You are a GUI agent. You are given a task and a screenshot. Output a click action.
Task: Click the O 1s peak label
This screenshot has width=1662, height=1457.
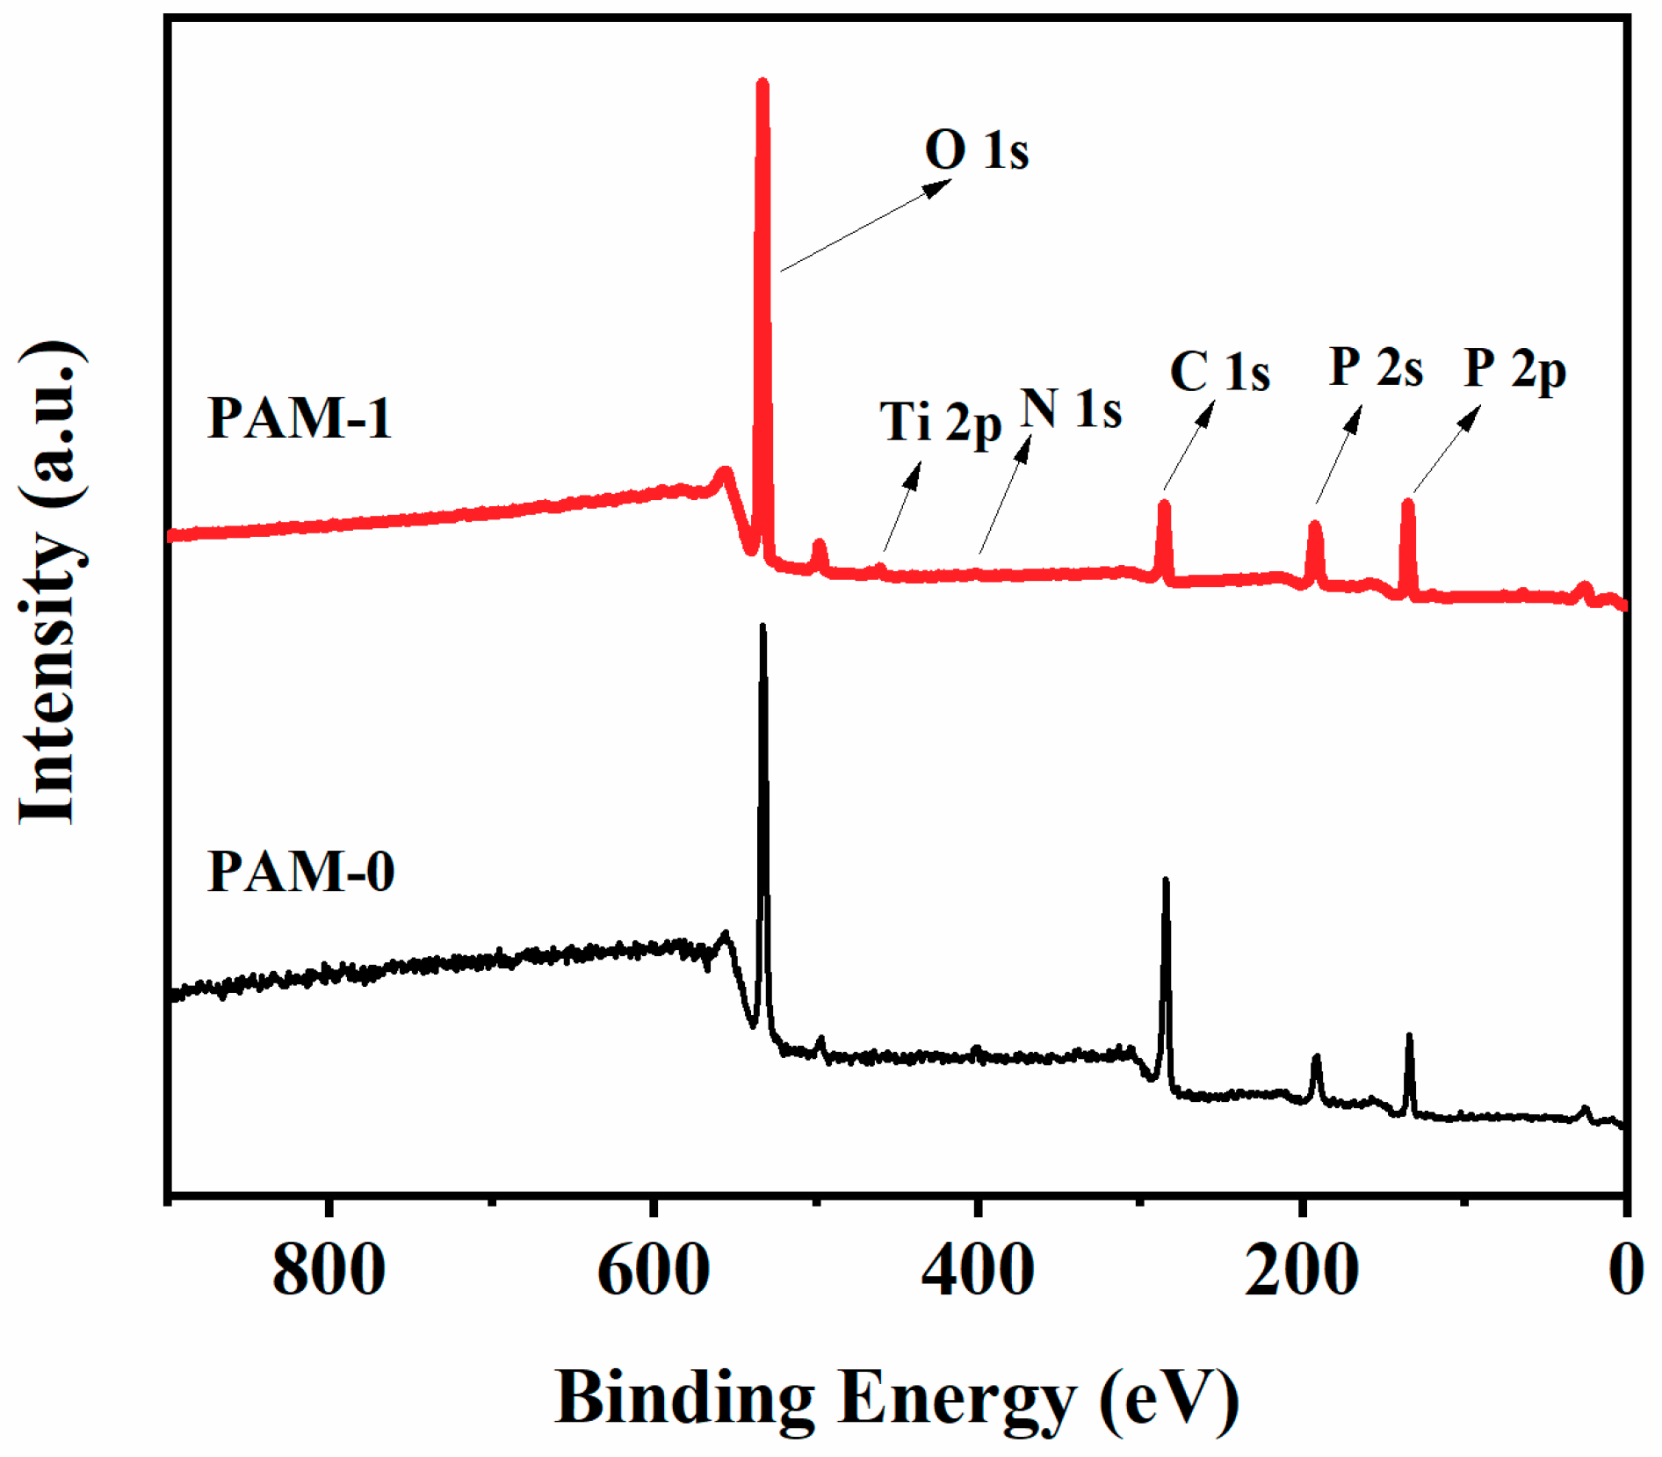pyautogui.click(x=976, y=150)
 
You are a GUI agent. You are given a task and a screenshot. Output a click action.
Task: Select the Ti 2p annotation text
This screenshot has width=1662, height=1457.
pyautogui.click(x=939, y=423)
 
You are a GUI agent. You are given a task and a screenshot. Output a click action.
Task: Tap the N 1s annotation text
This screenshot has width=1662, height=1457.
pyautogui.click(x=1071, y=410)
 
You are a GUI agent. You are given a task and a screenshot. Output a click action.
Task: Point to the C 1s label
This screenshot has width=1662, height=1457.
pyautogui.click(x=1219, y=372)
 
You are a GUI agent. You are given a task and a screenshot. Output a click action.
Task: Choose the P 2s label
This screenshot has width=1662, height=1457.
pyautogui.click(x=1376, y=367)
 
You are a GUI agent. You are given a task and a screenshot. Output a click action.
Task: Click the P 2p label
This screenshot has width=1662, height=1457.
pyautogui.click(x=1514, y=369)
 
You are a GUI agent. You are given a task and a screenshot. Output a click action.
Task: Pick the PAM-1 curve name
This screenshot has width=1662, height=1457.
pyautogui.click(x=300, y=417)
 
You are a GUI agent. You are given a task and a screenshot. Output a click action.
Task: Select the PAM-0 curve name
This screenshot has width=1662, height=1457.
pyautogui.click(x=300, y=872)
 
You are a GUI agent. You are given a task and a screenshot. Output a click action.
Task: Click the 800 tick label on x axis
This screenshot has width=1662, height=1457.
pyautogui.click(x=329, y=1271)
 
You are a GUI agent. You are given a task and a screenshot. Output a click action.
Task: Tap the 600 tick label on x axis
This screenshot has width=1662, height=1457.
pyautogui.click(x=653, y=1271)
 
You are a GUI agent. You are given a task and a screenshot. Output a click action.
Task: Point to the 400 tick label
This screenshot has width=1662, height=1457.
pyautogui.click(x=977, y=1271)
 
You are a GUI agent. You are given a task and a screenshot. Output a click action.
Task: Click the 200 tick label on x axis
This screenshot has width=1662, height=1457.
pyautogui.click(x=1302, y=1271)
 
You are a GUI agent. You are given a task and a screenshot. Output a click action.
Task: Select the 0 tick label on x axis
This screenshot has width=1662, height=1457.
pyautogui.click(x=1626, y=1271)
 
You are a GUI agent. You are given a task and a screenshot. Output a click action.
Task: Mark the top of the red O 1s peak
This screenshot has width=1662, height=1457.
pyautogui.click(x=762, y=84)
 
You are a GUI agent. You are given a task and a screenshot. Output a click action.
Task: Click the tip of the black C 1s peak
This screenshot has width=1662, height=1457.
pyautogui.click(x=1166, y=880)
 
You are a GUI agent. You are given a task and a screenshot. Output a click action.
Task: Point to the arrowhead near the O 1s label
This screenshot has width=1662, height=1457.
pyautogui.click(x=947, y=182)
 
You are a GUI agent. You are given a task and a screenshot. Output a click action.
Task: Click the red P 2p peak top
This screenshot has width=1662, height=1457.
pyautogui.click(x=1408, y=503)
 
